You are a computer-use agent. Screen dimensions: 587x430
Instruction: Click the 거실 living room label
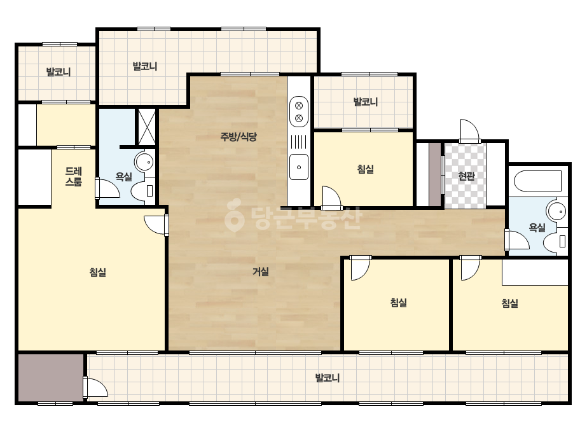point(261,271)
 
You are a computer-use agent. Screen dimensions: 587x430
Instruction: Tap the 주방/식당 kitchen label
point(238,137)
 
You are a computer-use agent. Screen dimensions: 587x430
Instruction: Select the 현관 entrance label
point(466,176)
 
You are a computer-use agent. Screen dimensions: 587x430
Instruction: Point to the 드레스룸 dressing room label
point(73,176)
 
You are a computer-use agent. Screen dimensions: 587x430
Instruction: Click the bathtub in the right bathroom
point(537,181)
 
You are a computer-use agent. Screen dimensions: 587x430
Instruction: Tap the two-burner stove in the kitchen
point(299,111)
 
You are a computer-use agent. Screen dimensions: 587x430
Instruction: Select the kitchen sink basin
point(299,167)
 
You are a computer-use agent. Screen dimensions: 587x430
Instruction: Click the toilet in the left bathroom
point(143,191)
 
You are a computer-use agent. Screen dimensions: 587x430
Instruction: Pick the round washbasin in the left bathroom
point(144,162)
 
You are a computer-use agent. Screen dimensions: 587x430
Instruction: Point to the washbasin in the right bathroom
point(556,212)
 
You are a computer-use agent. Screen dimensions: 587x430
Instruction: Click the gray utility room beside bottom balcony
point(51,377)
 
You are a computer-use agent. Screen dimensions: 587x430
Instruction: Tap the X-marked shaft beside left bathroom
point(146,127)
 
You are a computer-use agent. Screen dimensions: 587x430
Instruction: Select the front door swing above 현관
point(470,131)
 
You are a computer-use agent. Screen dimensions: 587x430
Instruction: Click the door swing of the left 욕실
point(108,188)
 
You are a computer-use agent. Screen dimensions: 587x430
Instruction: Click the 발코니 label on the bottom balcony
point(327,378)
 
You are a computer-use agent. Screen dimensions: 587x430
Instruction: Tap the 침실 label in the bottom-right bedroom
point(509,303)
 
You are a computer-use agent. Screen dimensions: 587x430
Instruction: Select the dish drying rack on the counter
point(299,142)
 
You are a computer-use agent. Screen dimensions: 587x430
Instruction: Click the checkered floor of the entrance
point(465,176)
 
